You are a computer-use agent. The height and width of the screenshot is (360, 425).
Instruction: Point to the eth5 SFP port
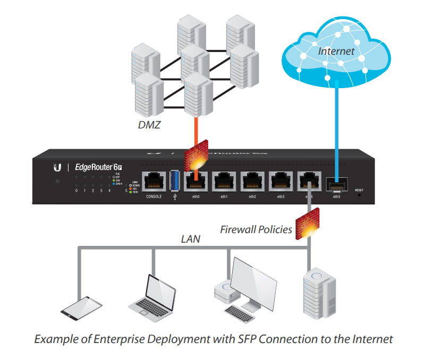coord(336,185)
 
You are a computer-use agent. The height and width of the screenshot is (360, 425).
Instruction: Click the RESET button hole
coord(359,195)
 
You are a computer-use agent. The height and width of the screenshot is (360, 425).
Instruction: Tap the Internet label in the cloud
coord(336,52)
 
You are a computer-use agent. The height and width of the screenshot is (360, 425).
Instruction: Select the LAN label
coord(190,239)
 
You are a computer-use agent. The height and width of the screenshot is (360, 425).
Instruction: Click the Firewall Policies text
coord(256,230)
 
